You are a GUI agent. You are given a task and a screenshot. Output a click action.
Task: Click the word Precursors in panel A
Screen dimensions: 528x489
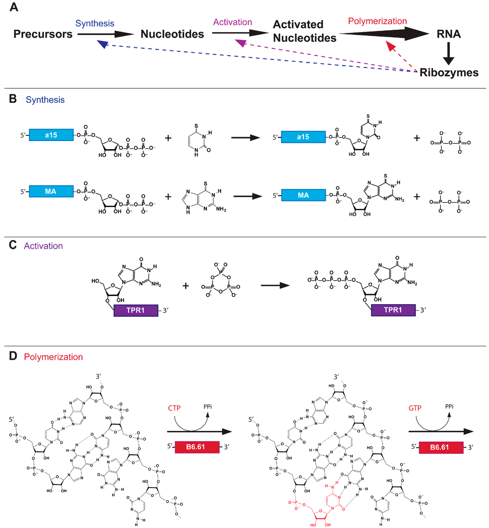click(x=43, y=34)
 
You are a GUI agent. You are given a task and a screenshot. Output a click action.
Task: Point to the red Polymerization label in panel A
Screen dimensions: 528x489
click(x=377, y=21)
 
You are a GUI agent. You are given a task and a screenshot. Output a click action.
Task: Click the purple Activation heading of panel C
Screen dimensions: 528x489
click(x=43, y=246)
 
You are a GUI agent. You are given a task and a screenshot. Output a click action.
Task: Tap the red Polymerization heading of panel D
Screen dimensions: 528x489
click(x=54, y=357)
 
